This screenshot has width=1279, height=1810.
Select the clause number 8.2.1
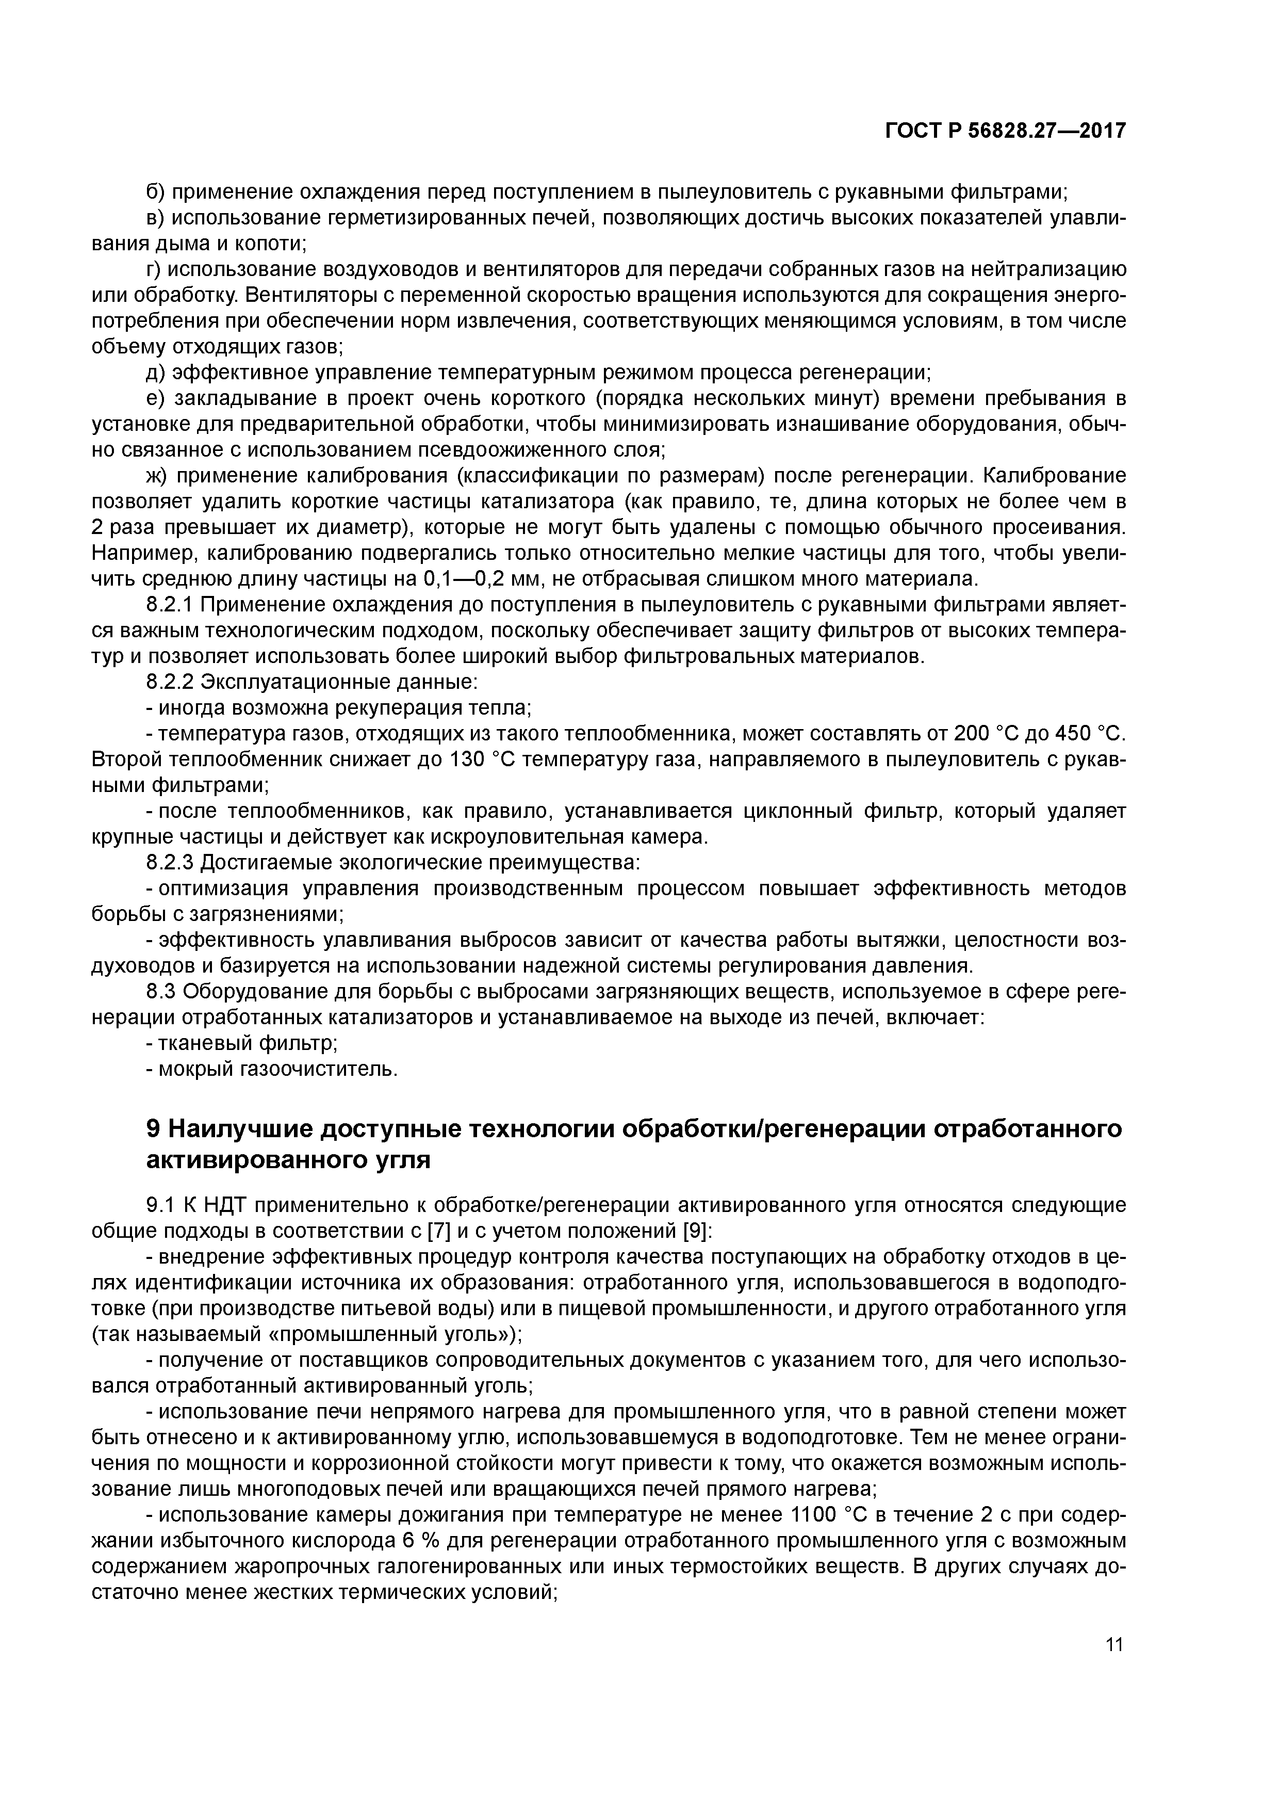pyautogui.click(x=170, y=605)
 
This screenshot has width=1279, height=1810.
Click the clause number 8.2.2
pyautogui.click(x=170, y=682)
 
